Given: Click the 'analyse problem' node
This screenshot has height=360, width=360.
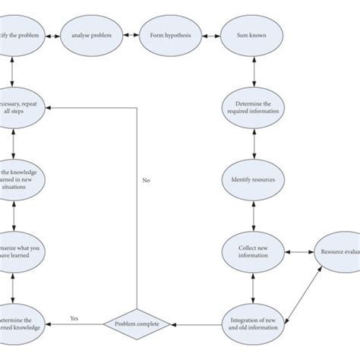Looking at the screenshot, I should (x=90, y=35).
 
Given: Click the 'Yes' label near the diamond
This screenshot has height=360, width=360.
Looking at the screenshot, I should (x=74, y=318).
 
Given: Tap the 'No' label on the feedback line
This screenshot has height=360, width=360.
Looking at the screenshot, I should (x=146, y=181).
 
